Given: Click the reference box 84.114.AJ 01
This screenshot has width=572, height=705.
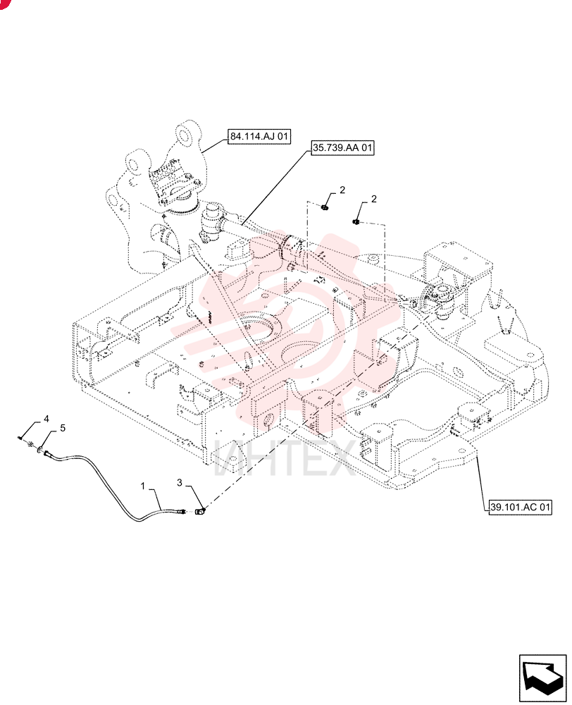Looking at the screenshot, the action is click(259, 136).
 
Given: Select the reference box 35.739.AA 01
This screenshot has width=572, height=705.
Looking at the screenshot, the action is click(342, 147).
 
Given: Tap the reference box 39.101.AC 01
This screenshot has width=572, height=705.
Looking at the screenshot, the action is click(520, 507).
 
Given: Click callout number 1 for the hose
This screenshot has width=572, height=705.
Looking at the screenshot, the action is click(143, 486).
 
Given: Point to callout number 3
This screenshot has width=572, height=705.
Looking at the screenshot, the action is click(180, 482).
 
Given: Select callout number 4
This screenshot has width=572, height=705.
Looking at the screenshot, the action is click(46, 419).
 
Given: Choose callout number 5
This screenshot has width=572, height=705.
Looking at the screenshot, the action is click(63, 428).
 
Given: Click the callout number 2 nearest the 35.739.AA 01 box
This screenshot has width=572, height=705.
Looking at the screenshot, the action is click(342, 190).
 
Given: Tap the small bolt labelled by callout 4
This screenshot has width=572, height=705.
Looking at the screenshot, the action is click(22, 437).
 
